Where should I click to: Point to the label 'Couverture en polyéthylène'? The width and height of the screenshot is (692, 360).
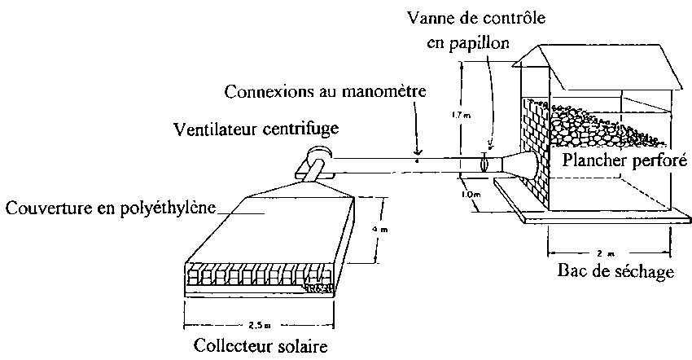(112, 208)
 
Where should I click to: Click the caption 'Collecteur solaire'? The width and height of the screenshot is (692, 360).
(261, 346)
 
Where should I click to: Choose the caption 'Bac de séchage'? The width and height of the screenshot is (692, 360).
(620, 270)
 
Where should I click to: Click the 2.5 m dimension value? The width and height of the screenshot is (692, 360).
(261, 323)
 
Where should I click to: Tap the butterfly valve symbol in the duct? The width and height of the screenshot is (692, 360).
(485, 163)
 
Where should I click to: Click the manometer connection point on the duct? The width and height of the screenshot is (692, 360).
(418, 160)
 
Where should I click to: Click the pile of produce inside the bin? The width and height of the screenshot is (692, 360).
(594, 122)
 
